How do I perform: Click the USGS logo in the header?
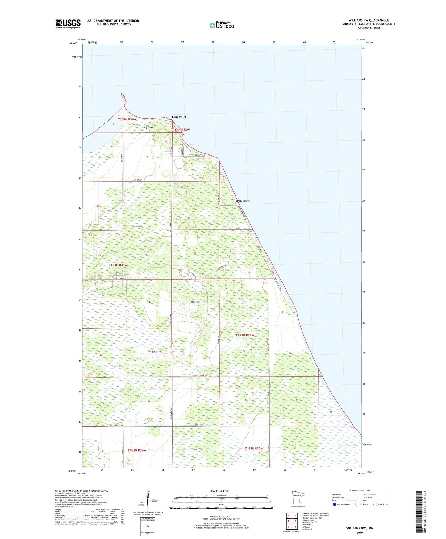click(68, 24)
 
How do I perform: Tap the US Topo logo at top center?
click(222, 25)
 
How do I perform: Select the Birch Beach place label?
click(242, 201)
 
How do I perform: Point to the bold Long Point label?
click(179, 117)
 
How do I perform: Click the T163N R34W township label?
click(118, 265)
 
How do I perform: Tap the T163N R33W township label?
click(245, 335)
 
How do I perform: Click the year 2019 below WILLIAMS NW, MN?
click(360, 533)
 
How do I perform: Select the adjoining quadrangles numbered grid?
click(292, 522)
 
